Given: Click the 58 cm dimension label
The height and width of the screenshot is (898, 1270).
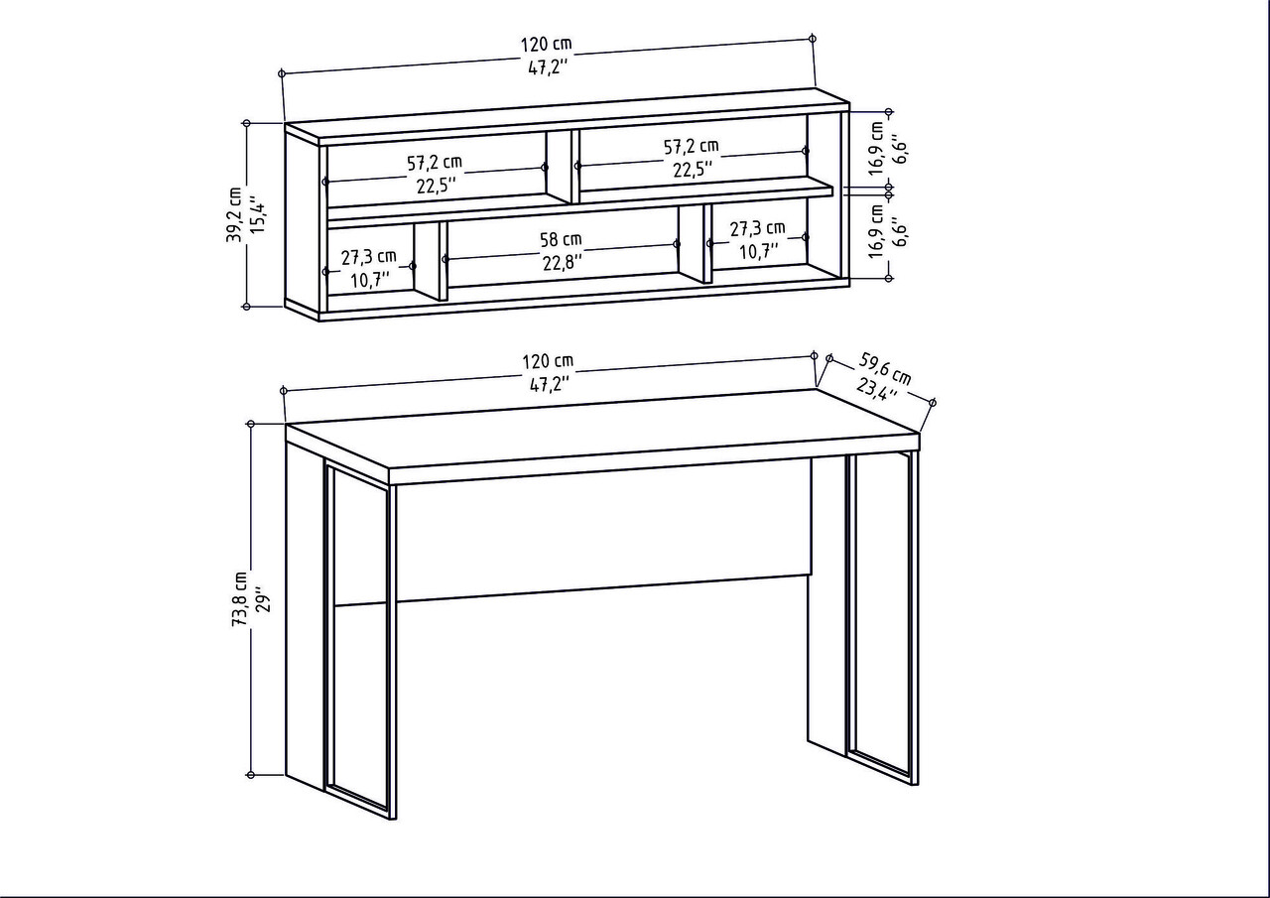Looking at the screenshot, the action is coord(561,240).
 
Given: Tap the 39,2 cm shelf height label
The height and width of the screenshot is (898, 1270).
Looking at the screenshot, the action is coord(233,215).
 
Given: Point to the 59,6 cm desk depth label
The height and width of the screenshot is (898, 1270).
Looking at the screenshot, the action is coord(885,368).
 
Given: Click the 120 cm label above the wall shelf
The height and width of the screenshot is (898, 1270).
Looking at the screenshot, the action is coord(546,45).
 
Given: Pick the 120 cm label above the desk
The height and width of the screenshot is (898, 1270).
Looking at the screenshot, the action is coord(548,361).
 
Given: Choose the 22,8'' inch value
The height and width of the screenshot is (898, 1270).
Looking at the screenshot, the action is coord(563,262).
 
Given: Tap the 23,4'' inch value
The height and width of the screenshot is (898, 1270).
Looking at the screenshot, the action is coord(876,389).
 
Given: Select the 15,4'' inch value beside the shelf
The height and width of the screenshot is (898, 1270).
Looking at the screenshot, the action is coord(259,216).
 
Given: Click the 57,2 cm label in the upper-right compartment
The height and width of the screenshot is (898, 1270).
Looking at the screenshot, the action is coord(692,147).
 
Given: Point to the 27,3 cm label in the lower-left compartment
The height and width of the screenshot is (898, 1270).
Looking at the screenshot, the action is coord(368,257).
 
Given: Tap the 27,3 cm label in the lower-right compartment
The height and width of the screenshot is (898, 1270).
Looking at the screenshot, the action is coord(757,228).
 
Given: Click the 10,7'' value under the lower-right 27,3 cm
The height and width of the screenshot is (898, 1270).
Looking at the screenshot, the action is coord(759,251).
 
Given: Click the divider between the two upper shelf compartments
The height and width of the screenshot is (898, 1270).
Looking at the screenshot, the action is coord(560,167).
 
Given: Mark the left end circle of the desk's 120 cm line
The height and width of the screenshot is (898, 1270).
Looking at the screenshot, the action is coord(283,390).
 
